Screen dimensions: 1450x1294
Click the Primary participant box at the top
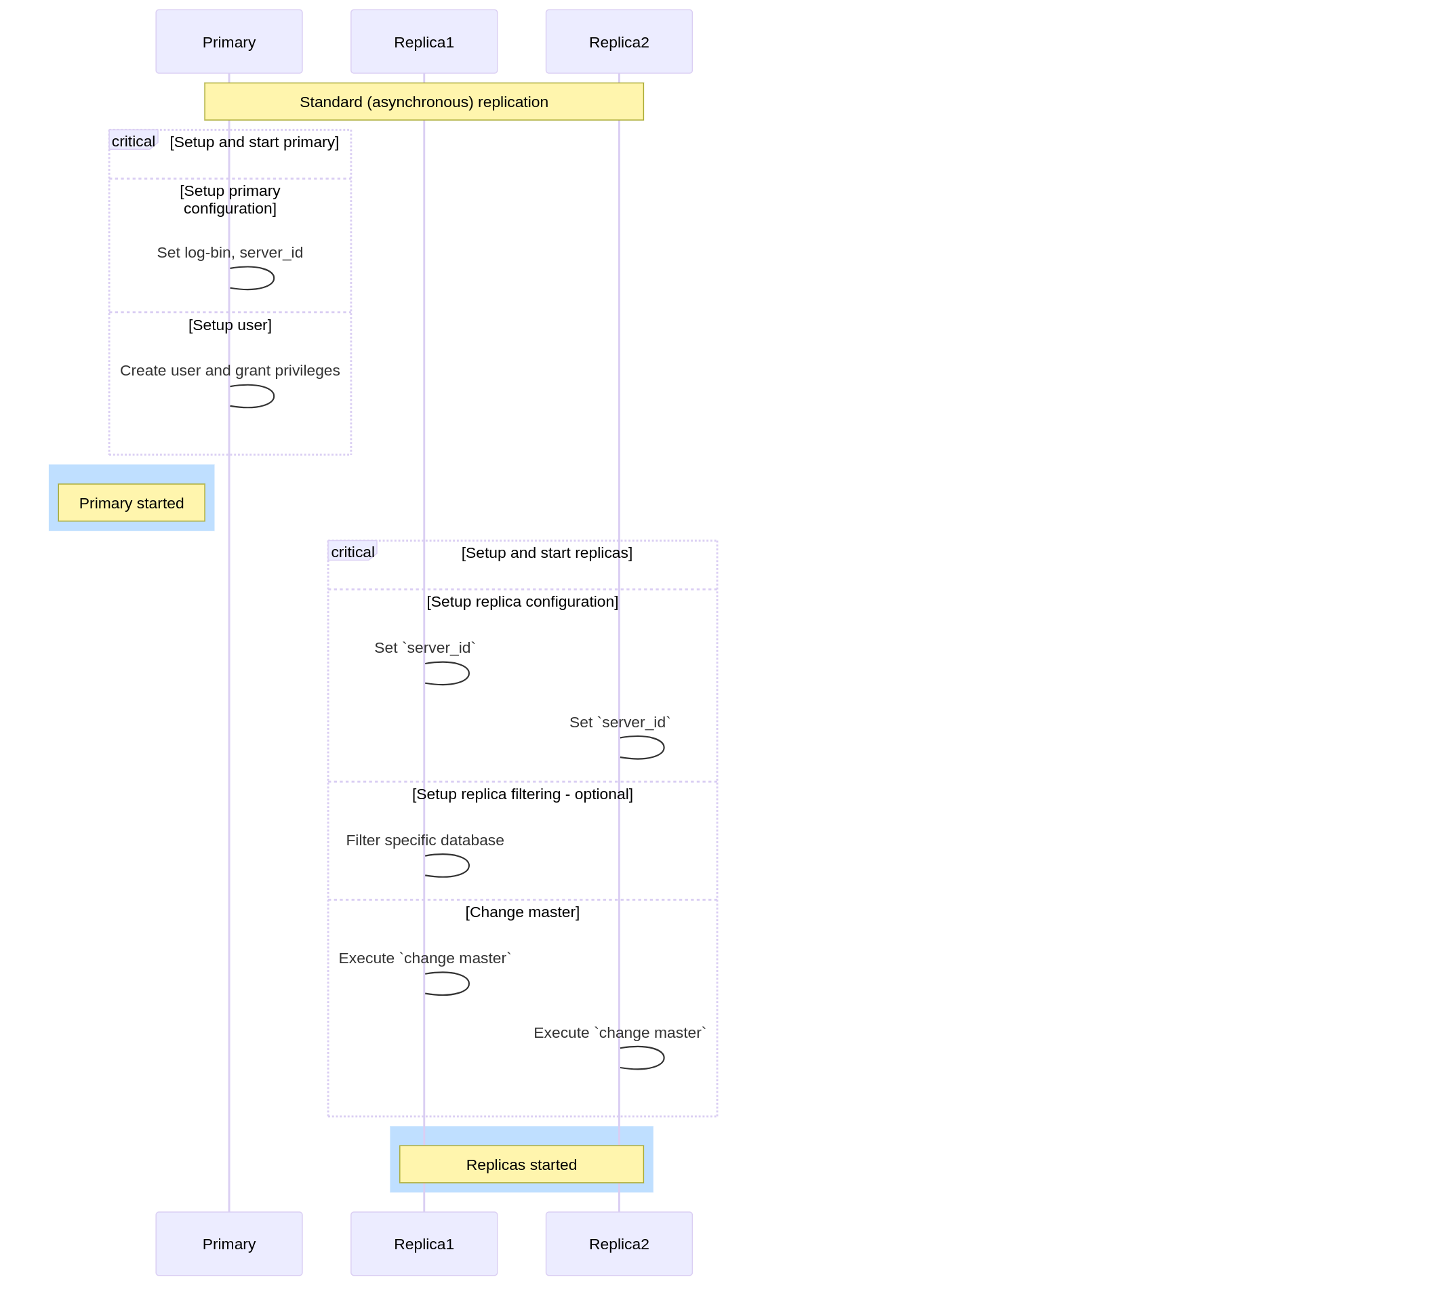pos(229,41)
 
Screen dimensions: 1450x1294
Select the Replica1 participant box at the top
pos(424,41)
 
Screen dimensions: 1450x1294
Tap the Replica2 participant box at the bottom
pos(619,1244)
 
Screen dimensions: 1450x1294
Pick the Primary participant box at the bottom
pos(229,1244)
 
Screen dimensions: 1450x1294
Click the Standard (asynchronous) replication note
pos(424,102)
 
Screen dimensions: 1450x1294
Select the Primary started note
pos(132,503)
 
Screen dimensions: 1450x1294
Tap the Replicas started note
pos(521,1165)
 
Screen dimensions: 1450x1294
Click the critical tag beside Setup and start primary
pos(133,141)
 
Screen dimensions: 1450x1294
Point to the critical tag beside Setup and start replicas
pos(352,552)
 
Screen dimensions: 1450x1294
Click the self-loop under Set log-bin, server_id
pos(274,278)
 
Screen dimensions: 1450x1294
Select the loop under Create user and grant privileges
pos(274,396)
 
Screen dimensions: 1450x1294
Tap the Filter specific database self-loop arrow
pos(468,866)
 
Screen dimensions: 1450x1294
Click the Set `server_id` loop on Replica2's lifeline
pos(664,747)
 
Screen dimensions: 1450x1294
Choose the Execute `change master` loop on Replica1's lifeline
pos(468,984)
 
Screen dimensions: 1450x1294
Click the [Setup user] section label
pos(230,325)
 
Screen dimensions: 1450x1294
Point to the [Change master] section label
pos(522,912)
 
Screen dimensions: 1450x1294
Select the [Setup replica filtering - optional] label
pos(522,794)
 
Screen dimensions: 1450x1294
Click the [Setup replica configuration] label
pos(522,601)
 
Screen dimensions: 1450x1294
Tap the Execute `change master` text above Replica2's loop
pos(620,1032)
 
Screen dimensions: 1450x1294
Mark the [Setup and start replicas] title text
pos(546,552)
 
